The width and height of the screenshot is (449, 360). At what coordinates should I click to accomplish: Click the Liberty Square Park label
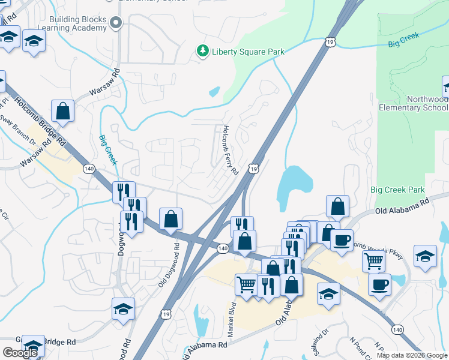(x=248, y=52)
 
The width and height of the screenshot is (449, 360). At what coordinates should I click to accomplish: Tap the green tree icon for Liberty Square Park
(x=203, y=51)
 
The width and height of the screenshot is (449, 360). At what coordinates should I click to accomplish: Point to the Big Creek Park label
(x=397, y=190)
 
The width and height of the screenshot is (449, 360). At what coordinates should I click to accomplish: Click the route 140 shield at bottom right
(x=397, y=329)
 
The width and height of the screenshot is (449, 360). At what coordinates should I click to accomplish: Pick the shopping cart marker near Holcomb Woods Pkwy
(x=374, y=261)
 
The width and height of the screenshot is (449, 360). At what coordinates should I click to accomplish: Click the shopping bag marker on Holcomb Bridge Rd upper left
(x=63, y=110)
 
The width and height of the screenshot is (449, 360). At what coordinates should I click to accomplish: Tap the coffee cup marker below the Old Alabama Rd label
(x=342, y=240)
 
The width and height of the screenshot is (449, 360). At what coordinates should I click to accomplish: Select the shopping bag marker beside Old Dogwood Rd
(x=171, y=219)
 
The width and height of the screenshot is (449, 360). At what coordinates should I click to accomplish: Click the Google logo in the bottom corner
(x=20, y=353)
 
